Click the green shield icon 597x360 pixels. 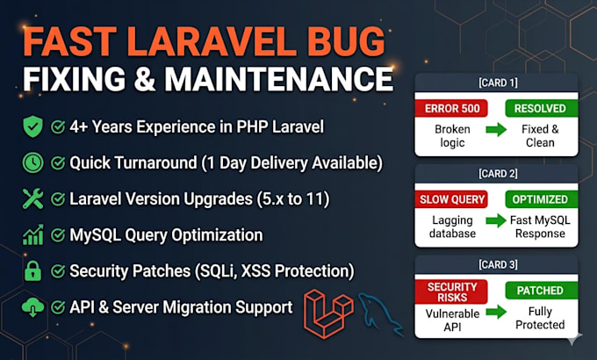tap(32, 126)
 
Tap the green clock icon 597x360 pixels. tap(32, 162)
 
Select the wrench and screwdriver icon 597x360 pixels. tap(32, 198)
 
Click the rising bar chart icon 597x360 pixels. tap(33, 234)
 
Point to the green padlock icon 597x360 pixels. tap(32, 270)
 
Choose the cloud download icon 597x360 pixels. tap(32, 307)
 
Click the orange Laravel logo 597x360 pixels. tap(329, 313)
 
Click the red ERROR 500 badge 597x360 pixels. tap(451, 109)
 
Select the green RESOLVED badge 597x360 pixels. tap(541, 109)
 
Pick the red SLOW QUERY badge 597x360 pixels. tap(451, 199)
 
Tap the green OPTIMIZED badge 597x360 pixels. tap(541, 199)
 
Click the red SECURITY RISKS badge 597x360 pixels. tap(451, 292)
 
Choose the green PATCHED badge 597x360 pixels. tap(541, 291)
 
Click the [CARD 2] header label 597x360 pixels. tap(498, 174)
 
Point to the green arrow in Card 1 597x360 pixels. tap(496, 130)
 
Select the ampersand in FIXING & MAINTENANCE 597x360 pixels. tap(145, 79)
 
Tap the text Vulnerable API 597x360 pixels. tap(452, 320)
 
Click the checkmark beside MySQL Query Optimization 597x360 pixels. tap(58, 235)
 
